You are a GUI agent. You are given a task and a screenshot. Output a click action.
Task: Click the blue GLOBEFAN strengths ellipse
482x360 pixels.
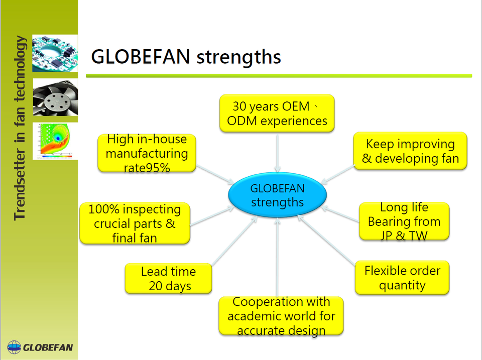(277, 195)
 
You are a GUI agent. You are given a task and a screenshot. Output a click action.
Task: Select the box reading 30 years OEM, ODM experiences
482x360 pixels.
(277, 113)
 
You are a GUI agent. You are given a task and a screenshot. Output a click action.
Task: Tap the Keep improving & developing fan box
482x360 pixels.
(410, 151)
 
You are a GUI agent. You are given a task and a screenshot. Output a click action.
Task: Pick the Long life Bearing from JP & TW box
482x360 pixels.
(404, 221)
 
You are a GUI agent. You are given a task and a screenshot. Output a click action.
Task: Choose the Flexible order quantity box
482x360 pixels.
(402, 278)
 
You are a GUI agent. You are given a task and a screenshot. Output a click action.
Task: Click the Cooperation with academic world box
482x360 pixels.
(281, 316)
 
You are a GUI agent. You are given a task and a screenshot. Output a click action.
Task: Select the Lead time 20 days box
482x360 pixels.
(169, 278)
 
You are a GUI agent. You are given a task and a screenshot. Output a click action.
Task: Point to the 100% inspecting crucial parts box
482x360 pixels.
(135, 223)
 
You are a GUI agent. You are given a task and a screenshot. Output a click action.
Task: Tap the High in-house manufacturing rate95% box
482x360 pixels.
(147, 153)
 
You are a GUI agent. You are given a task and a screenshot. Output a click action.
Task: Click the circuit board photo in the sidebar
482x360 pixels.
(55, 53)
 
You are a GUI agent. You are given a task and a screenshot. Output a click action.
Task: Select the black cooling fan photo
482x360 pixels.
(55, 97)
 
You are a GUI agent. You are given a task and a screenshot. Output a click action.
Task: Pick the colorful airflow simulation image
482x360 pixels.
(55, 141)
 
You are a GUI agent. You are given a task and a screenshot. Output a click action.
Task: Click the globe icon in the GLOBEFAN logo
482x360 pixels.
(14, 347)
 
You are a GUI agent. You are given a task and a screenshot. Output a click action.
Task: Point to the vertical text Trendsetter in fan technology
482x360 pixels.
(20, 128)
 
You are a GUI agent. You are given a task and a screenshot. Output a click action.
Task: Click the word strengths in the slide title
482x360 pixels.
(238, 57)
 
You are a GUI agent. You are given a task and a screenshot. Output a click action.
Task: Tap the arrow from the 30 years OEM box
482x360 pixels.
(277, 153)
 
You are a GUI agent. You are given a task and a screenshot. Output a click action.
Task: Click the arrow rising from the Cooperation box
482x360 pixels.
(277, 257)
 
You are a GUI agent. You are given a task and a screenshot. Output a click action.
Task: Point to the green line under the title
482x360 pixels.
(279, 76)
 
